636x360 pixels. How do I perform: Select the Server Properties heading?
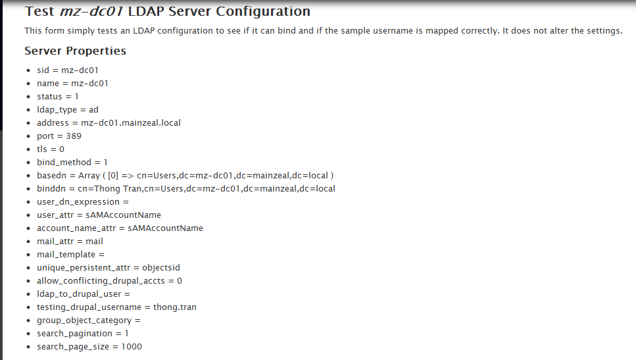point(75,51)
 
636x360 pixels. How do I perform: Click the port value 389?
point(74,136)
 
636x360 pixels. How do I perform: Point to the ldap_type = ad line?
point(67,110)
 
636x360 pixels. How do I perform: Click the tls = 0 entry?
point(50,149)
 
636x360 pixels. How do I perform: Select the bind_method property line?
point(72,163)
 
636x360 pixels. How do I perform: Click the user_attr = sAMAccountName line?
point(99,215)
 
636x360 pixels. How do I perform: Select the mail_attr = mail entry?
point(70,242)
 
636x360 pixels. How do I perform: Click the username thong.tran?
point(175,307)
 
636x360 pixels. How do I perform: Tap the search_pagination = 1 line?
point(82,334)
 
